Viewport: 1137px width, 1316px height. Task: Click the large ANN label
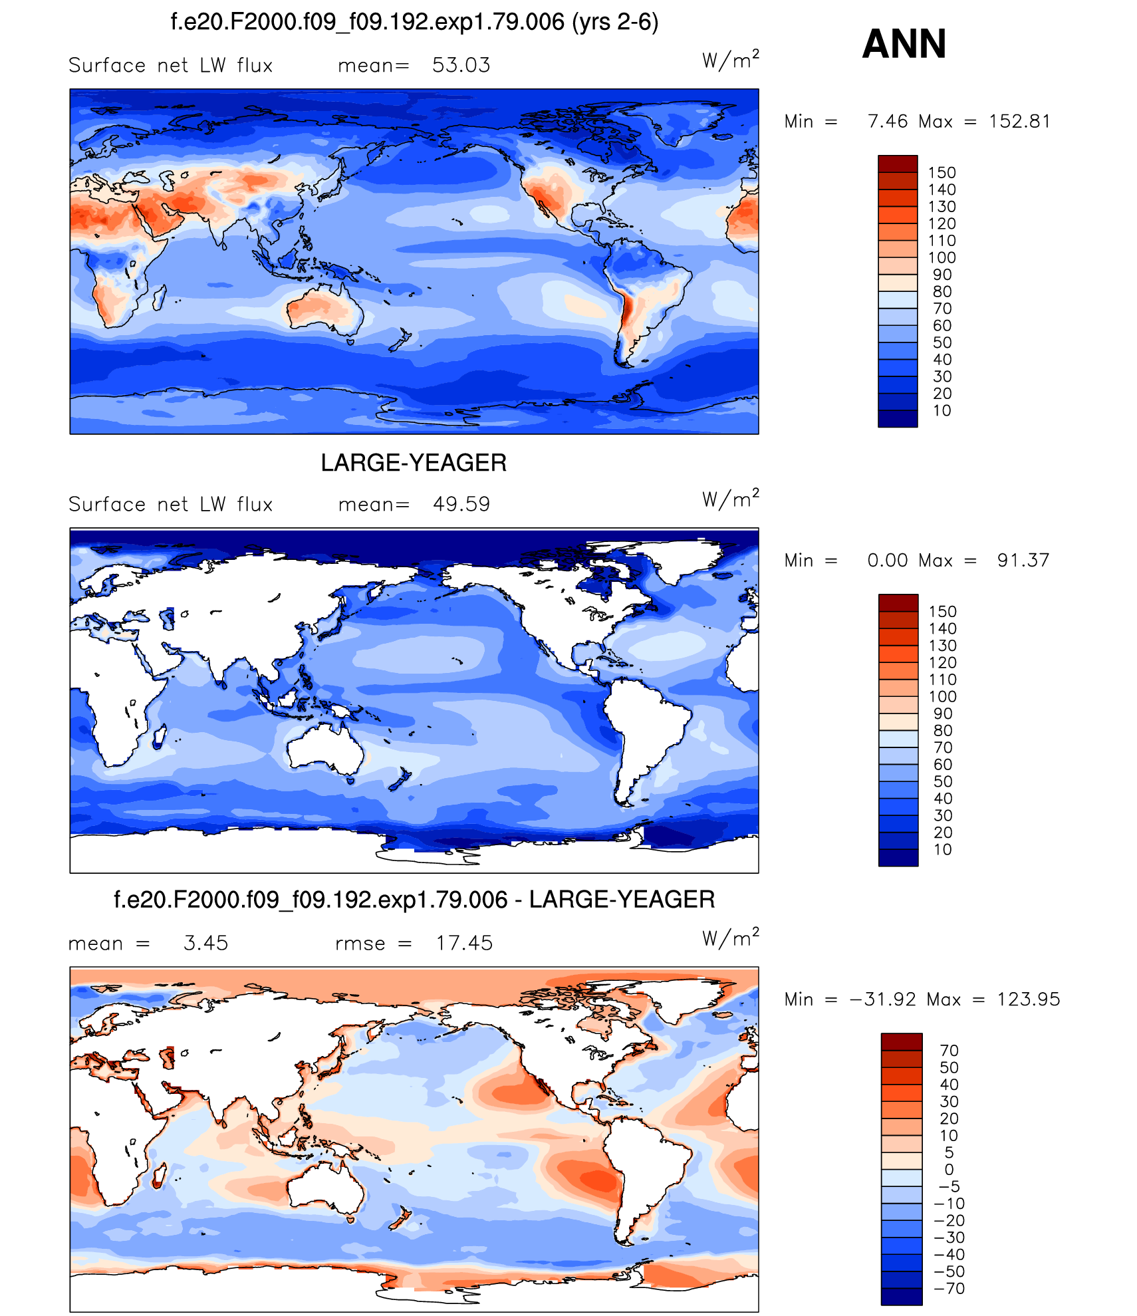click(x=904, y=44)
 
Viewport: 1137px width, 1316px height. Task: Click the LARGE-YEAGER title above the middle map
click(x=414, y=463)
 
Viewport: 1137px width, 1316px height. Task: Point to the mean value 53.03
click(x=461, y=65)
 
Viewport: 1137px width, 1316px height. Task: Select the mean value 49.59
click(x=461, y=504)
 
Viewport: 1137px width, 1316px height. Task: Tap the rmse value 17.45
click(x=464, y=943)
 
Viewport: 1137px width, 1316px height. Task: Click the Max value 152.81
click(x=1019, y=122)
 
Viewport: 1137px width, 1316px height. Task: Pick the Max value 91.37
click(x=1023, y=561)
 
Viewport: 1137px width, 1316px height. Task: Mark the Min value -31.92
click(x=883, y=999)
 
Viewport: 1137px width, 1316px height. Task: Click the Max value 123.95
click(x=1028, y=999)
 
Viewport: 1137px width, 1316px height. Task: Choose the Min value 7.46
click(x=888, y=122)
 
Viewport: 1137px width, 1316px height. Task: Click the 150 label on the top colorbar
click(x=942, y=173)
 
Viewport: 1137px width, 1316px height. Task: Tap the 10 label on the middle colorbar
click(x=943, y=850)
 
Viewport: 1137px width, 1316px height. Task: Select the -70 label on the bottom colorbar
click(x=950, y=1289)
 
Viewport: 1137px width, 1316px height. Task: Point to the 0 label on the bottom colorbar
click(x=949, y=1170)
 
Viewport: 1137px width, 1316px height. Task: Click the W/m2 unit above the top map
click(x=730, y=61)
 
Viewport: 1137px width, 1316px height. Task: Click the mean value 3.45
click(x=205, y=943)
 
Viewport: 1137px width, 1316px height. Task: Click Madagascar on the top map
click(x=160, y=297)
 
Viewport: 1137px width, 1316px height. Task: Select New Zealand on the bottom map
click(x=400, y=1218)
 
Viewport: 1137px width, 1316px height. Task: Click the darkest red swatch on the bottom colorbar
click(x=902, y=1041)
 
